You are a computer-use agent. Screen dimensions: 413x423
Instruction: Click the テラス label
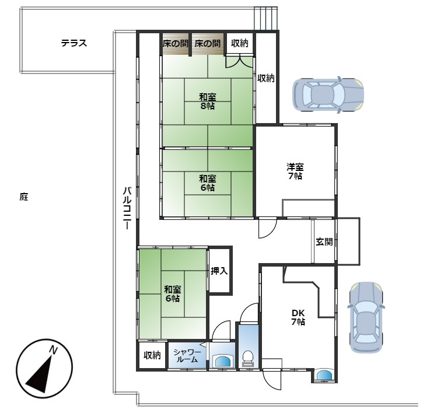tap(74, 43)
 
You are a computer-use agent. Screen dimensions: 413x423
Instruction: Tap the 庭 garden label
tap(24, 197)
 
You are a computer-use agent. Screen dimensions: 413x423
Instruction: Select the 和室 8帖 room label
tap(207, 101)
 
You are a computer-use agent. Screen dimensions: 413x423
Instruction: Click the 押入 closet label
tap(219, 271)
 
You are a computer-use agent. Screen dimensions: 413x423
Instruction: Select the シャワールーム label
tap(187, 356)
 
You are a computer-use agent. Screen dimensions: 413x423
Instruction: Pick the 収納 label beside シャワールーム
tap(152, 355)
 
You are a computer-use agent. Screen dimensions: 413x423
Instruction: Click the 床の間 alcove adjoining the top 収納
tap(208, 43)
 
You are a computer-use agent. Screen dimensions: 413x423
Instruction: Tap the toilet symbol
tap(248, 358)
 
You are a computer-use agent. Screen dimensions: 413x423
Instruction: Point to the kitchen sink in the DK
tap(325, 375)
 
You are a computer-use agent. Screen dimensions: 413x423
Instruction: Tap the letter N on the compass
tap(53, 350)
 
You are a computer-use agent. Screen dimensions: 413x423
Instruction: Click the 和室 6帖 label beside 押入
tap(172, 293)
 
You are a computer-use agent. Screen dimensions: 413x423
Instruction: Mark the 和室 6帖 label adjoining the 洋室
tap(207, 183)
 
